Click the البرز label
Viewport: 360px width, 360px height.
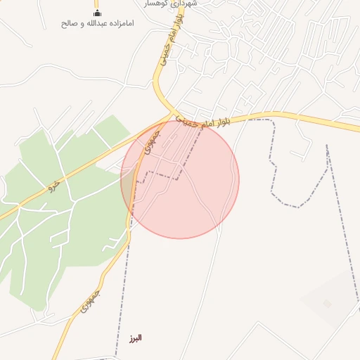click(x=136, y=338)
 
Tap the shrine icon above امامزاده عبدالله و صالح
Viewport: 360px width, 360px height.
click(x=97, y=13)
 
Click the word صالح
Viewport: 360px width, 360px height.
click(x=68, y=23)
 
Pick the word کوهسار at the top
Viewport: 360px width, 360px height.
click(x=156, y=4)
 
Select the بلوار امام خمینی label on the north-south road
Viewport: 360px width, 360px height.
click(x=162, y=49)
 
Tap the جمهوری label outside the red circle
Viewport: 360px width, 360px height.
click(x=89, y=301)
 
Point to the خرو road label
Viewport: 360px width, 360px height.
click(x=52, y=186)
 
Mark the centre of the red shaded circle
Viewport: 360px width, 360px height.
click(x=180, y=179)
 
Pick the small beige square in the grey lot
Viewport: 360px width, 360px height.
click(x=327, y=304)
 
